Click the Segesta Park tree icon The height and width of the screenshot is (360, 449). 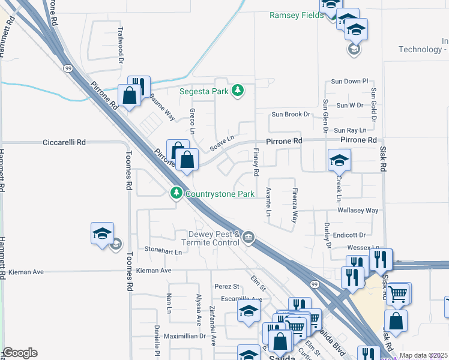click(x=238, y=91)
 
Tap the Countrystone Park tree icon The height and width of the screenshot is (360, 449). click(x=176, y=193)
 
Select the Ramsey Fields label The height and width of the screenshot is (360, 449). click(x=296, y=15)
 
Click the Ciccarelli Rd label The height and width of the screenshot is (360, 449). click(x=64, y=143)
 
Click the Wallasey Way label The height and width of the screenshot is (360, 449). click(x=358, y=211)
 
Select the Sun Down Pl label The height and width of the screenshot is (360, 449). click(x=349, y=81)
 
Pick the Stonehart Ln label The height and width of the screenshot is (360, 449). click(x=163, y=252)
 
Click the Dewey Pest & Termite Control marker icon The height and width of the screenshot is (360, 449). click(x=248, y=238)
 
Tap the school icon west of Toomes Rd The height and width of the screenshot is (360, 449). click(x=102, y=233)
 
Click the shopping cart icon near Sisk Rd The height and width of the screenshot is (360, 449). click(x=398, y=293)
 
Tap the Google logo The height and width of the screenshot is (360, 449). click(x=20, y=353)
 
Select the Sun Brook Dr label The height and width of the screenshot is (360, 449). click(x=291, y=114)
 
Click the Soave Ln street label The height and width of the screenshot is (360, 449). click(x=221, y=144)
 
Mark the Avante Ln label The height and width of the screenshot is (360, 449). click(x=268, y=203)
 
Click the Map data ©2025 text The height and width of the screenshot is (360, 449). click(x=423, y=355)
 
